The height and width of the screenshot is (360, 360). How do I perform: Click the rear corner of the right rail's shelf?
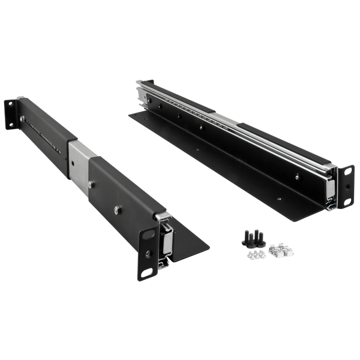click(x=127, y=112)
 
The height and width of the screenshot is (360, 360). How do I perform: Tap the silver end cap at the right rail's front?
click(x=329, y=186)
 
